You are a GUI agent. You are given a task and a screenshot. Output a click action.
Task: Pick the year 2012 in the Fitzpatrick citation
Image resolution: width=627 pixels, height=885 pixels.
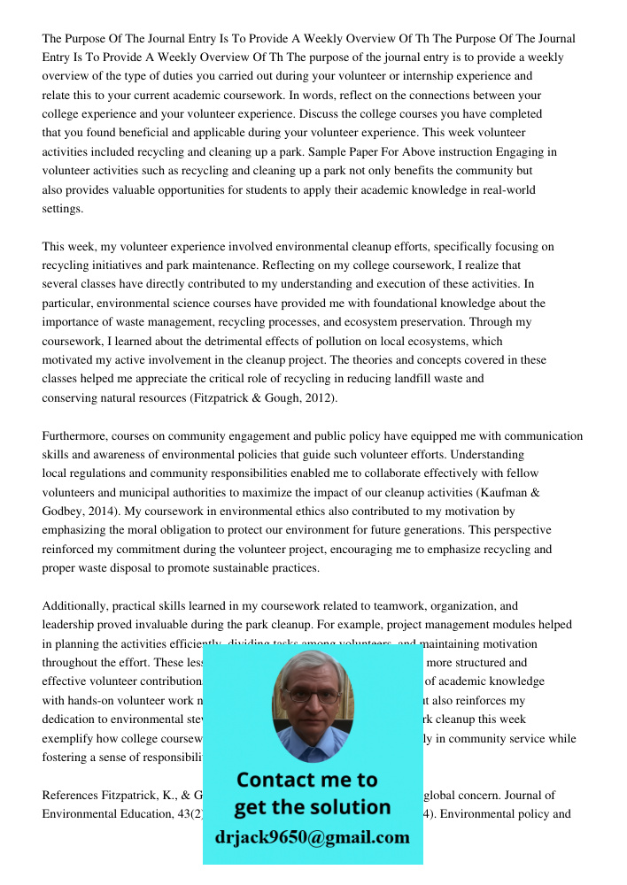point(318,398)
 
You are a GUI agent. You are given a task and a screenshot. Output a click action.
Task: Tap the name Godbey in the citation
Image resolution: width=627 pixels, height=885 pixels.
point(65,512)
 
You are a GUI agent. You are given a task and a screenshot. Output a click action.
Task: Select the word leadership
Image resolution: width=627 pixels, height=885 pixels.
point(71,626)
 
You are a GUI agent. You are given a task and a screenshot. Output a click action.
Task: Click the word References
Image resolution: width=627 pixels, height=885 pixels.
point(72,796)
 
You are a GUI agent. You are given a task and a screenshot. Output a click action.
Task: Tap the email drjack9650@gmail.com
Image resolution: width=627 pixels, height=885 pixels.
point(312,838)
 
